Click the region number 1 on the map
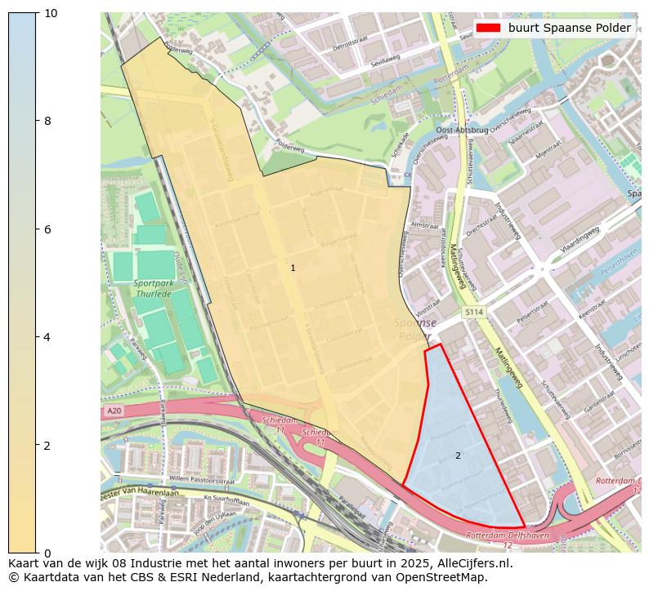[293, 268]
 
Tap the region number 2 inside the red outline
[458, 455]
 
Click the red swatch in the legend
[488, 28]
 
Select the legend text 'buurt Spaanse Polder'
[569, 28]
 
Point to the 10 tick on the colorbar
[50, 13]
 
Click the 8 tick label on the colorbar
[47, 121]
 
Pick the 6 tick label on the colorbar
[47, 229]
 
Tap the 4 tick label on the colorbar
[47, 337]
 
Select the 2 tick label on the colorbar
[47, 445]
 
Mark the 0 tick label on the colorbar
[47, 553]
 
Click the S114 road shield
[473, 312]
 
